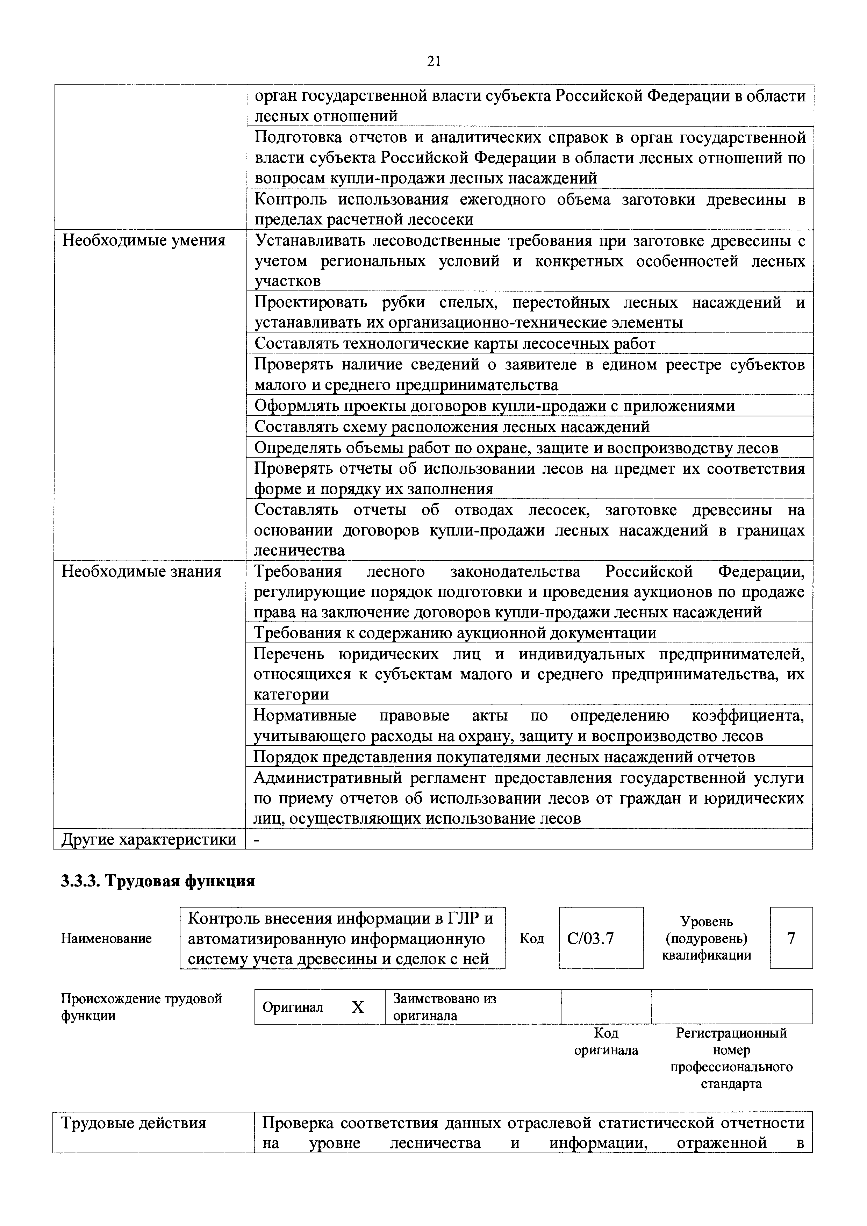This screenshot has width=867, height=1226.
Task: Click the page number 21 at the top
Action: tap(433, 62)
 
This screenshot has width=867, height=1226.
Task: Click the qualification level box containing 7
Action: tap(791, 939)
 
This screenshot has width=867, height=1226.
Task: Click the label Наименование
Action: tap(106, 939)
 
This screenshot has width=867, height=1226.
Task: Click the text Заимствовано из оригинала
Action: tap(444, 1007)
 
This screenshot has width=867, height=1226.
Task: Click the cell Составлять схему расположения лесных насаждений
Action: tap(452, 427)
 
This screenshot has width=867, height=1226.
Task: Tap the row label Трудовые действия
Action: tap(134, 1124)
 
